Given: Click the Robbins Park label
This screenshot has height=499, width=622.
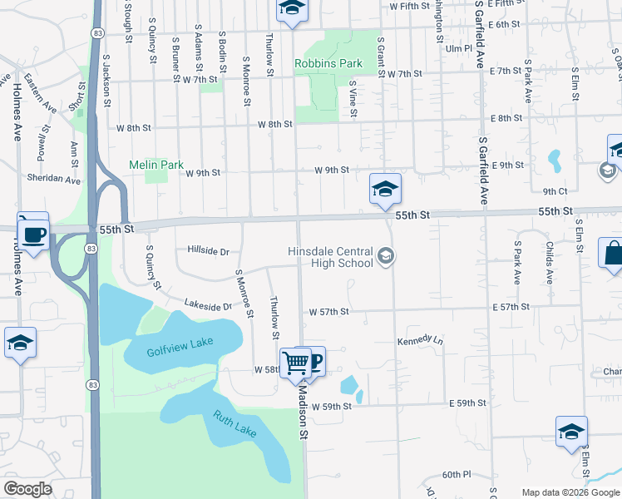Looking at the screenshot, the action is (328, 63).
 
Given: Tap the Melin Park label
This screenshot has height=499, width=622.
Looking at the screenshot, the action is (156, 165).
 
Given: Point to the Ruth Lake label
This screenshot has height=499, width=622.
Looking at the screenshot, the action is (234, 425).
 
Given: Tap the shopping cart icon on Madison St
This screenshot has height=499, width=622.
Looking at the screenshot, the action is (295, 363).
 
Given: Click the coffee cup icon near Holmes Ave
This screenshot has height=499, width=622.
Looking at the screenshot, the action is (33, 234).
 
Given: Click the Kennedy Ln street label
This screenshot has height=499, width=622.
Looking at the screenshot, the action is (420, 341).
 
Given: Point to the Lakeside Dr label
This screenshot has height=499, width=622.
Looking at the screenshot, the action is (208, 305).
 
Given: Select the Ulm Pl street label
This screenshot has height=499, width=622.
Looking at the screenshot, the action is (458, 49).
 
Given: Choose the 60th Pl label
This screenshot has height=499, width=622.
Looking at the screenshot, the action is (457, 474).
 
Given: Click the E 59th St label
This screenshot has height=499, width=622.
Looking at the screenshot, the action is (466, 403).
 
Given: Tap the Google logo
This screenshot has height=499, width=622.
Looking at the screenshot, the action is (28, 489).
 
